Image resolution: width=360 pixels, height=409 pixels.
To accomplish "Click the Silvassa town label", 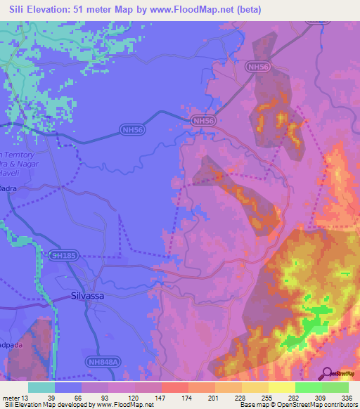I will pos(87,296).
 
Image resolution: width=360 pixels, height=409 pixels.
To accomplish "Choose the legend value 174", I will pos(187,398).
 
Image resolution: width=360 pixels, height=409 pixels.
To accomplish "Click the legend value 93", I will pos(107,398).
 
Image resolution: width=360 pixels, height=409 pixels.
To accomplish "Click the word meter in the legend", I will pos(11,398).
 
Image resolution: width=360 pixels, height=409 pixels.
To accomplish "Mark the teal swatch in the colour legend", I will pos(41,387).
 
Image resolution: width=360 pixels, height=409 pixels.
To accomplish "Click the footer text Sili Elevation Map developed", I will pos(42,405).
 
